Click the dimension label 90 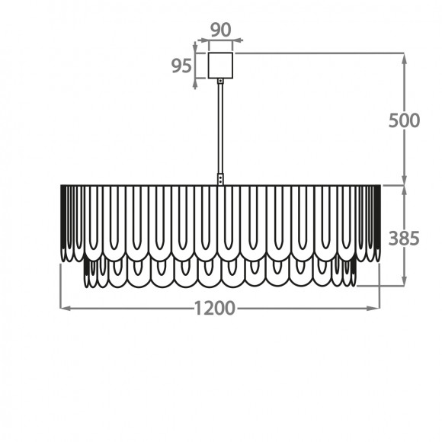click(221, 30)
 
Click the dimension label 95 click(182, 66)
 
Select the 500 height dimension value click(404, 120)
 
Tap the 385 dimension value click(404, 239)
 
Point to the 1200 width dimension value click(215, 308)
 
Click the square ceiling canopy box click(220, 66)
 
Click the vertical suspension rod click(220, 128)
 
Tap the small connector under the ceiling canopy click(220, 82)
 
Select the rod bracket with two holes click(220, 179)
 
